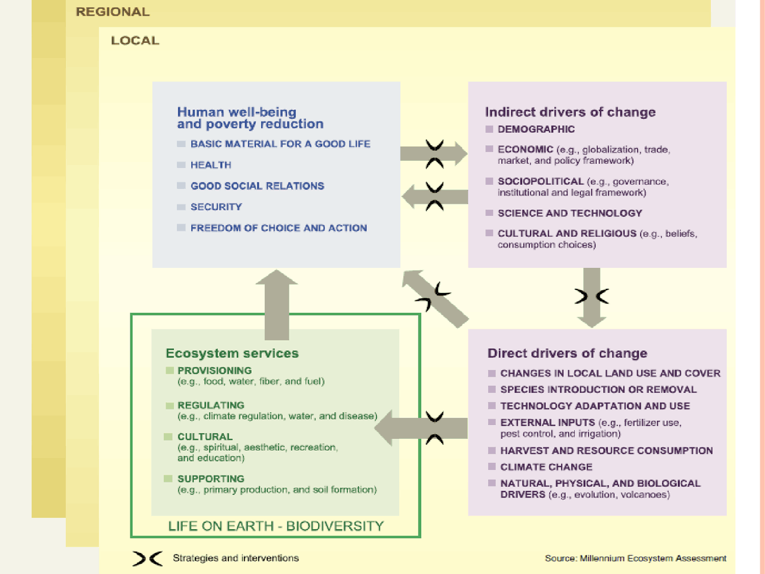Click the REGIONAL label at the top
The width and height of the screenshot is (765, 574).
coord(112,12)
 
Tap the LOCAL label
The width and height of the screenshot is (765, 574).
coord(135,41)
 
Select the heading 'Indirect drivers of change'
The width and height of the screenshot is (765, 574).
coord(570,112)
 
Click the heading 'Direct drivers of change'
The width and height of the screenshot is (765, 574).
coord(567,353)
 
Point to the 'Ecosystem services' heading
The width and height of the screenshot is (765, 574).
coord(232,353)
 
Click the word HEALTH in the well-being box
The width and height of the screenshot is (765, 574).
coord(210,165)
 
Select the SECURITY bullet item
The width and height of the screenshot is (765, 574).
coord(216,207)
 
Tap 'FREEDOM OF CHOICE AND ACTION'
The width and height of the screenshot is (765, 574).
coord(279,228)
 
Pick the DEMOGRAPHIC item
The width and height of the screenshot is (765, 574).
coord(535,129)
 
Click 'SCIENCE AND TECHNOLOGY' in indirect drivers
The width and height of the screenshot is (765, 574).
coord(570,213)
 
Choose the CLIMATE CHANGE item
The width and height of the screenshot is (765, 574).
coord(546,467)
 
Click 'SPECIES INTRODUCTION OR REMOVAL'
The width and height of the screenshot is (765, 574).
coord(598,390)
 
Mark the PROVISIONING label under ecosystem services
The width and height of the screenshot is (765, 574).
coord(214,371)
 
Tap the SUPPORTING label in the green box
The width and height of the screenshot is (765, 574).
coord(210,479)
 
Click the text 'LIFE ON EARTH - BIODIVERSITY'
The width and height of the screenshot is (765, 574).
coord(276,526)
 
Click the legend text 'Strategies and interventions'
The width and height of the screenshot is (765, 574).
coord(235,558)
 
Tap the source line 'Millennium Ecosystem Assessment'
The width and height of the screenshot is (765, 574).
coord(635,558)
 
